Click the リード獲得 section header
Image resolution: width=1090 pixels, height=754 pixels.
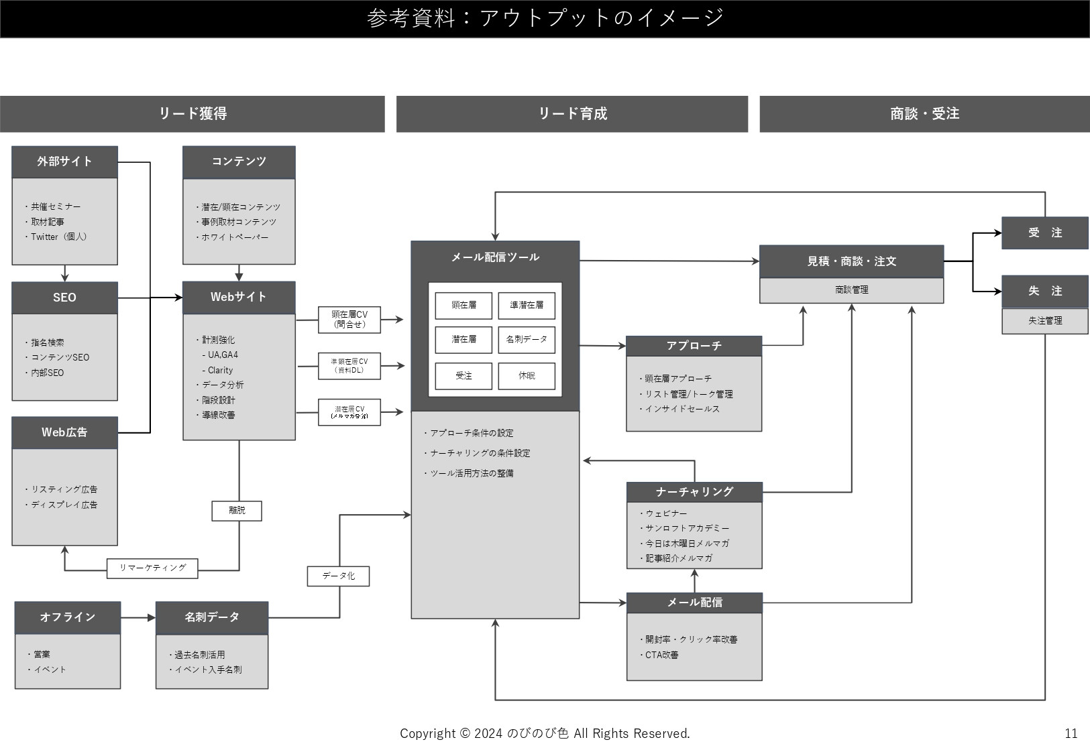[193, 114]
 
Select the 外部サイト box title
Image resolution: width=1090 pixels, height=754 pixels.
[64, 162]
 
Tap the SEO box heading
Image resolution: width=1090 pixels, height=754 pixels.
[64, 298]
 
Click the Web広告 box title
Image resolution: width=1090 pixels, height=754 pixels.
[64, 432]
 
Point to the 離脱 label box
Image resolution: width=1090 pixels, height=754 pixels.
[237, 511]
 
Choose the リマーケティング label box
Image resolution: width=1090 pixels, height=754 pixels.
[152, 568]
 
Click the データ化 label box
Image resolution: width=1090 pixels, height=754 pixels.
[338, 576]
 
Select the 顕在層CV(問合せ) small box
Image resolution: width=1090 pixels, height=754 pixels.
[349, 320]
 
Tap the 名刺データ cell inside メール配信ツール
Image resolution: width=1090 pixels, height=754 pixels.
[527, 340]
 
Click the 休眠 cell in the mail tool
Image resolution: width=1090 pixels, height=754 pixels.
[527, 376]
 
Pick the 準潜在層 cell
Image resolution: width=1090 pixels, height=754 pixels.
[527, 306]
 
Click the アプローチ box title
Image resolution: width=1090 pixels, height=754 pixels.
[694, 346]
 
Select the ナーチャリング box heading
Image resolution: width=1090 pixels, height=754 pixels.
[694, 492]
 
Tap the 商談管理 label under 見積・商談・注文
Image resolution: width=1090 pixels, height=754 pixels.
[851, 290]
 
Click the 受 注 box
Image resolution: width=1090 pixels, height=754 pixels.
[1044, 233]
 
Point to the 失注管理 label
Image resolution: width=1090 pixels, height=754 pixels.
[1044, 321]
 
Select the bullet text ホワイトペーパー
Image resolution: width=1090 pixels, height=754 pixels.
[235, 237]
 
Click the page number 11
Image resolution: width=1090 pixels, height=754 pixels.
[1071, 733]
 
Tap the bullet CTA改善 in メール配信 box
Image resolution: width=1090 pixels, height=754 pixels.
[661, 655]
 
